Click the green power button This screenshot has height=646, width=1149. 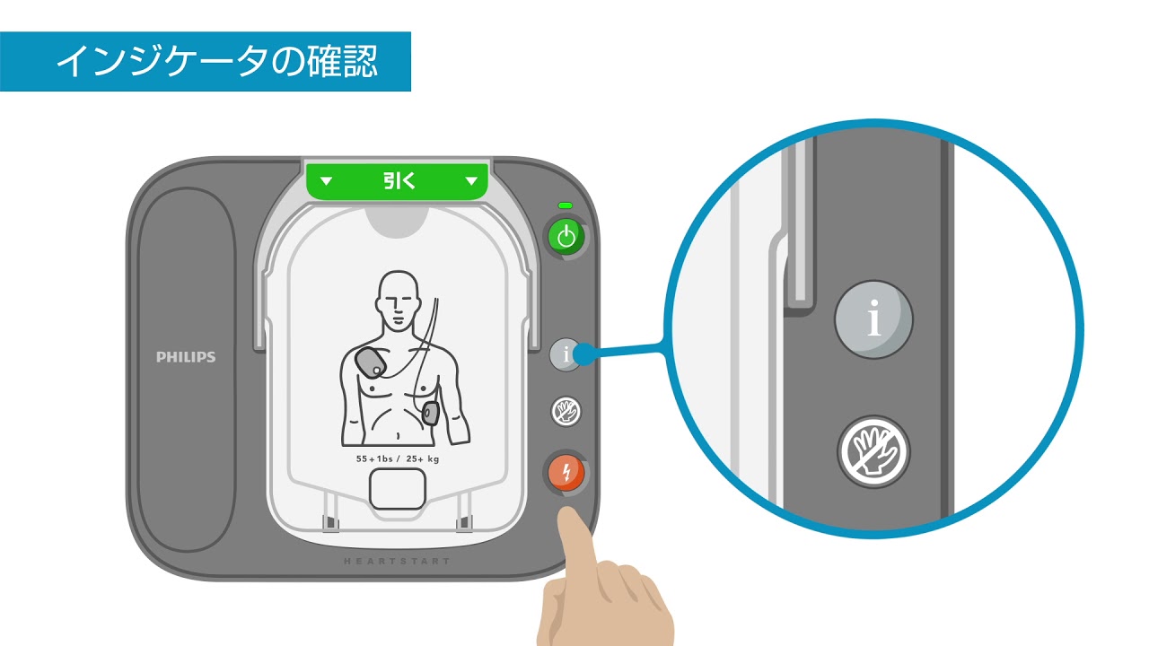pyautogui.click(x=566, y=237)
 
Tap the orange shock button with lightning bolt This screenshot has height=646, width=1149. pyautogui.click(x=566, y=473)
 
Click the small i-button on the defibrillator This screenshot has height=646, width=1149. pyautogui.click(x=566, y=354)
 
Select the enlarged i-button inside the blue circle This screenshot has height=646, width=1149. pyautogui.click(x=873, y=319)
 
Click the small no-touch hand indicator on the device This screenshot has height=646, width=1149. pyautogui.click(x=566, y=411)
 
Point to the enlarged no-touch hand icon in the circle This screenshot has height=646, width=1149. pyautogui.click(x=873, y=451)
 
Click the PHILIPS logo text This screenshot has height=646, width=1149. pyautogui.click(x=186, y=357)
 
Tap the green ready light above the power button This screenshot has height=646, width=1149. pyautogui.click(x=566, y=205)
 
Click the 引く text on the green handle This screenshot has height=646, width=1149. pyautogui.click(x=399, y=180)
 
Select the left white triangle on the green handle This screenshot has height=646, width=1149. pyautogui.click(x=326, y=180)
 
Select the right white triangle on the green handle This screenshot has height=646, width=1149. pyautogui.click(x=471, y=180)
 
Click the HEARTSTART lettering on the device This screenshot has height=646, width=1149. pyautogui.click(x=397, y=561)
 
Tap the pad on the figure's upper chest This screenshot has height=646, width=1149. pyautogui.click(x=371, y=363)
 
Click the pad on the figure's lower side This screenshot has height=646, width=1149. pyautogui.click(x=430, y=414)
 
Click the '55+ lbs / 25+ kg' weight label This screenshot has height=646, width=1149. pyautogui.click(x=398, y=458)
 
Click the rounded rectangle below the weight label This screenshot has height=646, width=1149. pyautogui.click(x=398, y=489)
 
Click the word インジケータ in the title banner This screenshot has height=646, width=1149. pyautogui.click(x=163, y=62)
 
